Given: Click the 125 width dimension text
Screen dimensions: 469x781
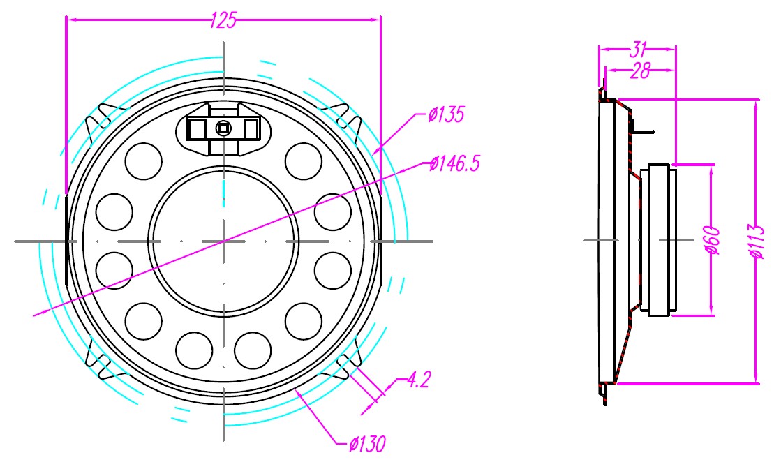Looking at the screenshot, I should click(x=223, y=21).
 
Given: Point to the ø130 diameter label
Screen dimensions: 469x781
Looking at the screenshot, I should click(x=368, y=443).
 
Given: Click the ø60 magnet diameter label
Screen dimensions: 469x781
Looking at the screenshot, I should click(x=713, y=239).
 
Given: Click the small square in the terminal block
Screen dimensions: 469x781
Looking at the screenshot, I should click(x=223, y=128).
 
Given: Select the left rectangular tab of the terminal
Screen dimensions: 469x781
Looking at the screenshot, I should click(x=197, y=128).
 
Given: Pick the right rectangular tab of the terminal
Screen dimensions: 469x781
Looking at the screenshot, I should click(x=251, y=128).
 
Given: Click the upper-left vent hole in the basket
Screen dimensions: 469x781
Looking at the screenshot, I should click(x=143, y=161).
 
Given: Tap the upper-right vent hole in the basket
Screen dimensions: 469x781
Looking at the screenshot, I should click(x=304, y=161).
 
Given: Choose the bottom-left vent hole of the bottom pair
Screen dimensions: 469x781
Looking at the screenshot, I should click(x=193, y=350).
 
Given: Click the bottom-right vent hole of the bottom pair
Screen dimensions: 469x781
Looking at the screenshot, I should click(x=253, y=350).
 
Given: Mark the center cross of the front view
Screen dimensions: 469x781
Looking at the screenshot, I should click(x=223, y=241).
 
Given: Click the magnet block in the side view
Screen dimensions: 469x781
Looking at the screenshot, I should click(x=660, y=239).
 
